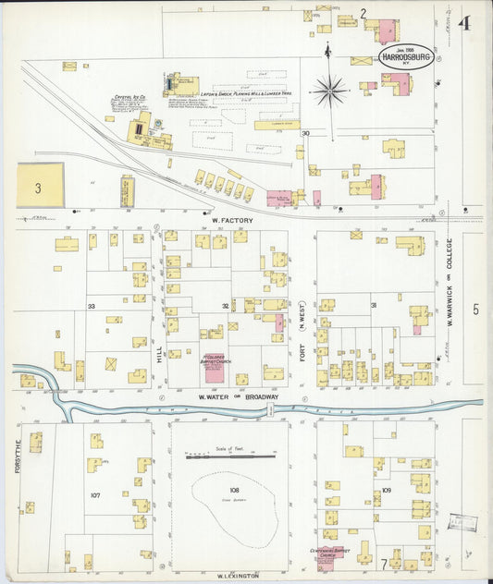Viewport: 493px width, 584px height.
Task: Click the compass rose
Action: point(329,91)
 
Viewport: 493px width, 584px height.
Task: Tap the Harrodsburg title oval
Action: point(405,55)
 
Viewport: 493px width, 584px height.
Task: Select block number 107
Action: point(94,495)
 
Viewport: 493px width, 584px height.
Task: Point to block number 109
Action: point(386,490)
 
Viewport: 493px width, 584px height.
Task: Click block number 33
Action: point(91,305)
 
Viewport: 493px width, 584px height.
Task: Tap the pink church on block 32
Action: point(215,369)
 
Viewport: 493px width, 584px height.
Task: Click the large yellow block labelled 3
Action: point(40,185)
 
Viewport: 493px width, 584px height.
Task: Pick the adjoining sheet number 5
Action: point(475,310)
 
